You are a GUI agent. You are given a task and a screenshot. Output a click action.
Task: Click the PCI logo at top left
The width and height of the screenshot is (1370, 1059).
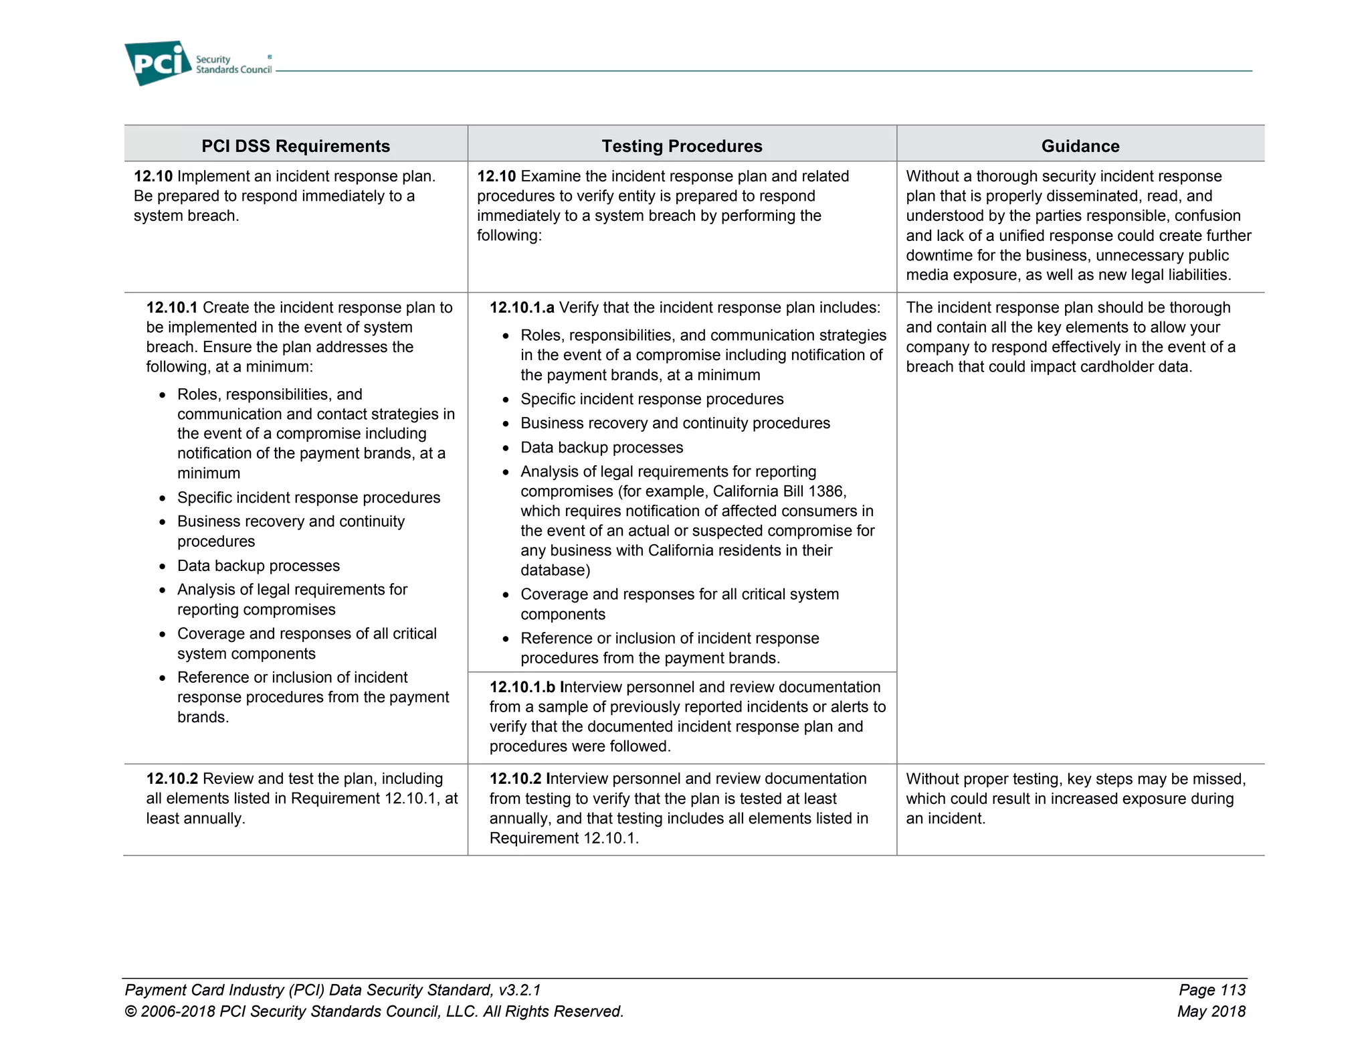coord(158,63)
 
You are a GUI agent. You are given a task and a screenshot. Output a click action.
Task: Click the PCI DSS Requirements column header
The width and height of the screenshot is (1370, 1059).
coord(296,146)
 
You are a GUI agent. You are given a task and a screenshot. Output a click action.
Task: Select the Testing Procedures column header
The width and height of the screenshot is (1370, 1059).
coord(682,146)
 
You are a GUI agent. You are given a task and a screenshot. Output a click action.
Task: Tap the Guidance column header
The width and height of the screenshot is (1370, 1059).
coord(1080,146)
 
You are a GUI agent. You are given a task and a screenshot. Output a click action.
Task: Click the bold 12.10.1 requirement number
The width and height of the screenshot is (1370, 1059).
coord(172,308)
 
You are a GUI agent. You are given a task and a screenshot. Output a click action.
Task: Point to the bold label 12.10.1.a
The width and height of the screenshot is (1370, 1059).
coord(522,308)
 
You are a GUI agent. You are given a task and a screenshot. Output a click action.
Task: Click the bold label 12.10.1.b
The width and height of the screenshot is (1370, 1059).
coord(522,687)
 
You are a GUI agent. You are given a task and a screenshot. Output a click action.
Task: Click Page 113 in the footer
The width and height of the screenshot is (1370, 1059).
coord(1211,990)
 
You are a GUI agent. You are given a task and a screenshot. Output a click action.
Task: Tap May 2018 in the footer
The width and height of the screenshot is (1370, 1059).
coord(1211,1011)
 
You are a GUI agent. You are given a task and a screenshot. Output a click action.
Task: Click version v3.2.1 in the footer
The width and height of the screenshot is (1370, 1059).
coord(519,990)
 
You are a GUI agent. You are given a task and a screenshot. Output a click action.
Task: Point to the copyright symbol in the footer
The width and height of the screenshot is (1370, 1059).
coord(131,1011)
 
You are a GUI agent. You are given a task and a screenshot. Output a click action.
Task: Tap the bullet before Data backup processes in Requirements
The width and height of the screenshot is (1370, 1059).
coord(163,567)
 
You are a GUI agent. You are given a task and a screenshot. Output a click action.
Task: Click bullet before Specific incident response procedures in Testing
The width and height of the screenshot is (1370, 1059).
coord(506,400)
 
